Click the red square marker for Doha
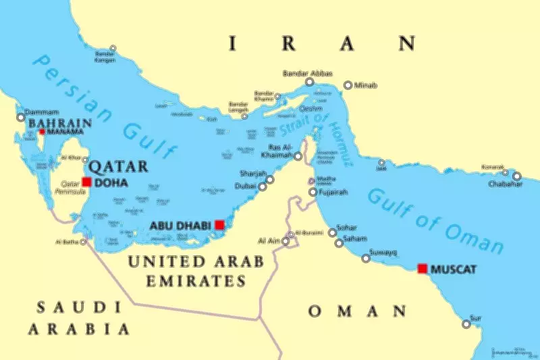pos(86,181)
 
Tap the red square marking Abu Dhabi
pos(219,224)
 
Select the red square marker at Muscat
pos(423,268)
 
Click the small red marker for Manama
pos(42,132)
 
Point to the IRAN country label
pos(323,44)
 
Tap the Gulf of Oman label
pos(435,220)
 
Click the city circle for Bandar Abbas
pos(309,82)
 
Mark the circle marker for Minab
pos(348,85)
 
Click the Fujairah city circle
pos(313,192)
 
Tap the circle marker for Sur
pos(466,324)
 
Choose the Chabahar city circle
pos(517,176)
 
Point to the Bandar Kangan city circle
pos(113,49)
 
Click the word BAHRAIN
pos(59,123)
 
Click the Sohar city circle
pos(332,232)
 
